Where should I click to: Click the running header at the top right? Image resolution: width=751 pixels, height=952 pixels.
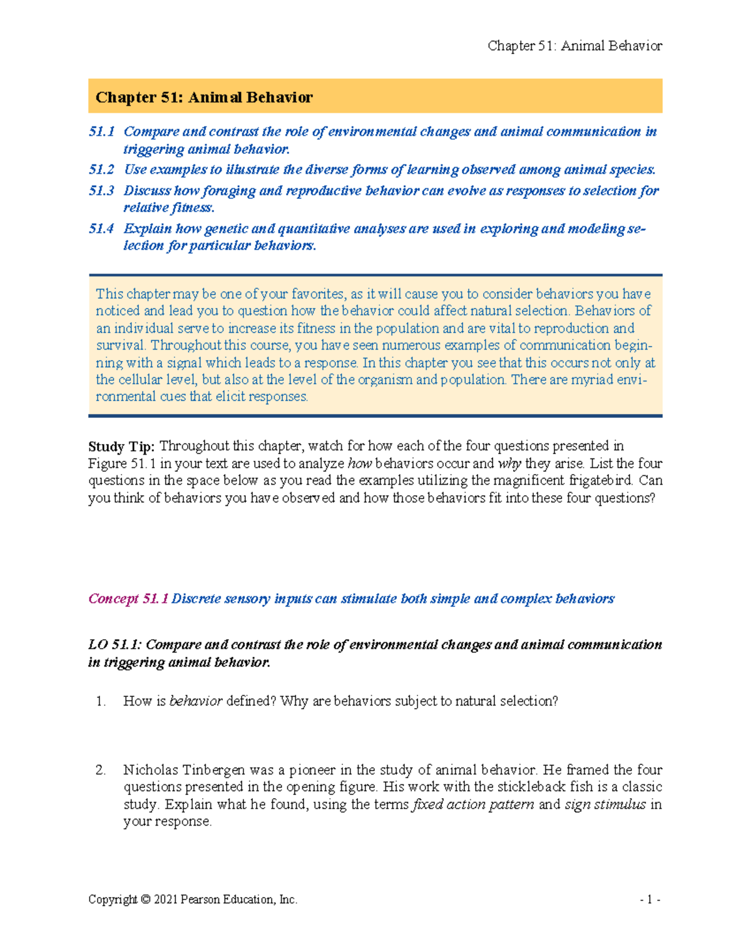[575, 46]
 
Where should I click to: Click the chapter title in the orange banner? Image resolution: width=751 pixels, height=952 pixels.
[203, 97]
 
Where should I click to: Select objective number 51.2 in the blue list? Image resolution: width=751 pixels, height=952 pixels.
[101, 170]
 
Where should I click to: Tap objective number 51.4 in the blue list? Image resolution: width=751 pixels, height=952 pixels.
[101, 228]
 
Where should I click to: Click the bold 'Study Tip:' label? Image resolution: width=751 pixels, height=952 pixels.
[121, 447]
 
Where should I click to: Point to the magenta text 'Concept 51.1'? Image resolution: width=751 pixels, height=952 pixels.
[128, 599]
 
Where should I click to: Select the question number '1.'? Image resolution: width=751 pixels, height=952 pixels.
[101, 701]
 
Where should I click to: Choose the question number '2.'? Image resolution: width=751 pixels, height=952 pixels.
[101, 770]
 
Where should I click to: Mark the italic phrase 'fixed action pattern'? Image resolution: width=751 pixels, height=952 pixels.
[473, 804]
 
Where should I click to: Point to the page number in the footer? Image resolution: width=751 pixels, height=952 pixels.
[650, 899]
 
